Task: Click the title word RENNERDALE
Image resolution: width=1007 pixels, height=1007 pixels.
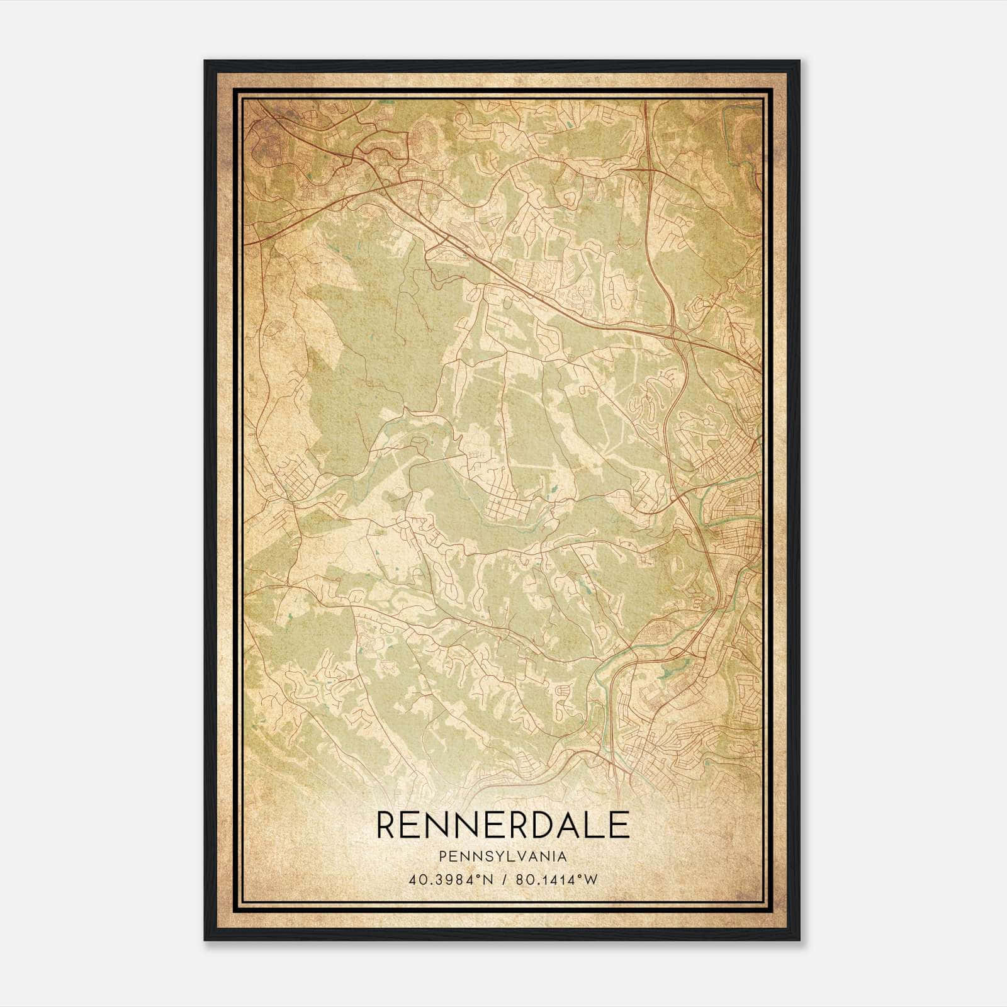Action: (502, 824)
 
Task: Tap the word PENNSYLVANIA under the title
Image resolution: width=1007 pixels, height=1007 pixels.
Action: (502, 857)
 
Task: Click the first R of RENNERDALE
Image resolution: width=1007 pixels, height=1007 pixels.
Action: (388, 824)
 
